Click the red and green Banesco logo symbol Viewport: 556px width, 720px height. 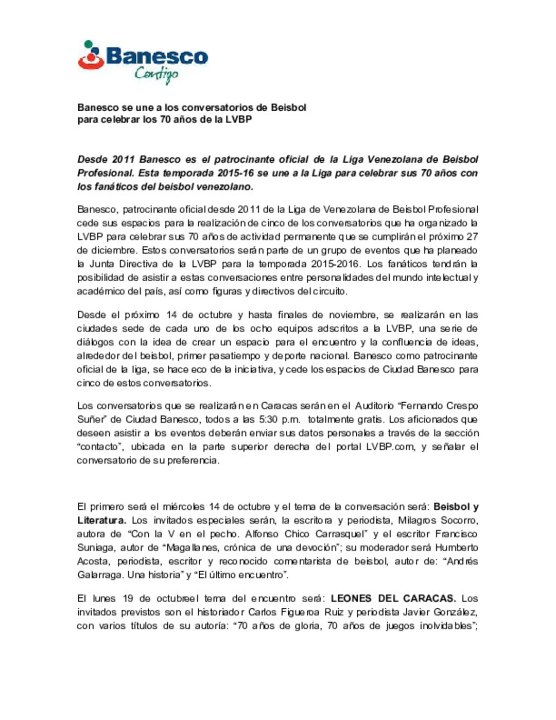(x=91, y=56)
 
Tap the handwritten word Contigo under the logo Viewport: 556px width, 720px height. (x=157, y=75)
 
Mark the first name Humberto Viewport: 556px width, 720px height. (x=456, y=547)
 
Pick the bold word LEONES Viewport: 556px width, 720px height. (x=351, y=598)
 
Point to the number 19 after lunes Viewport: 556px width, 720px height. (x=128, y=598)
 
